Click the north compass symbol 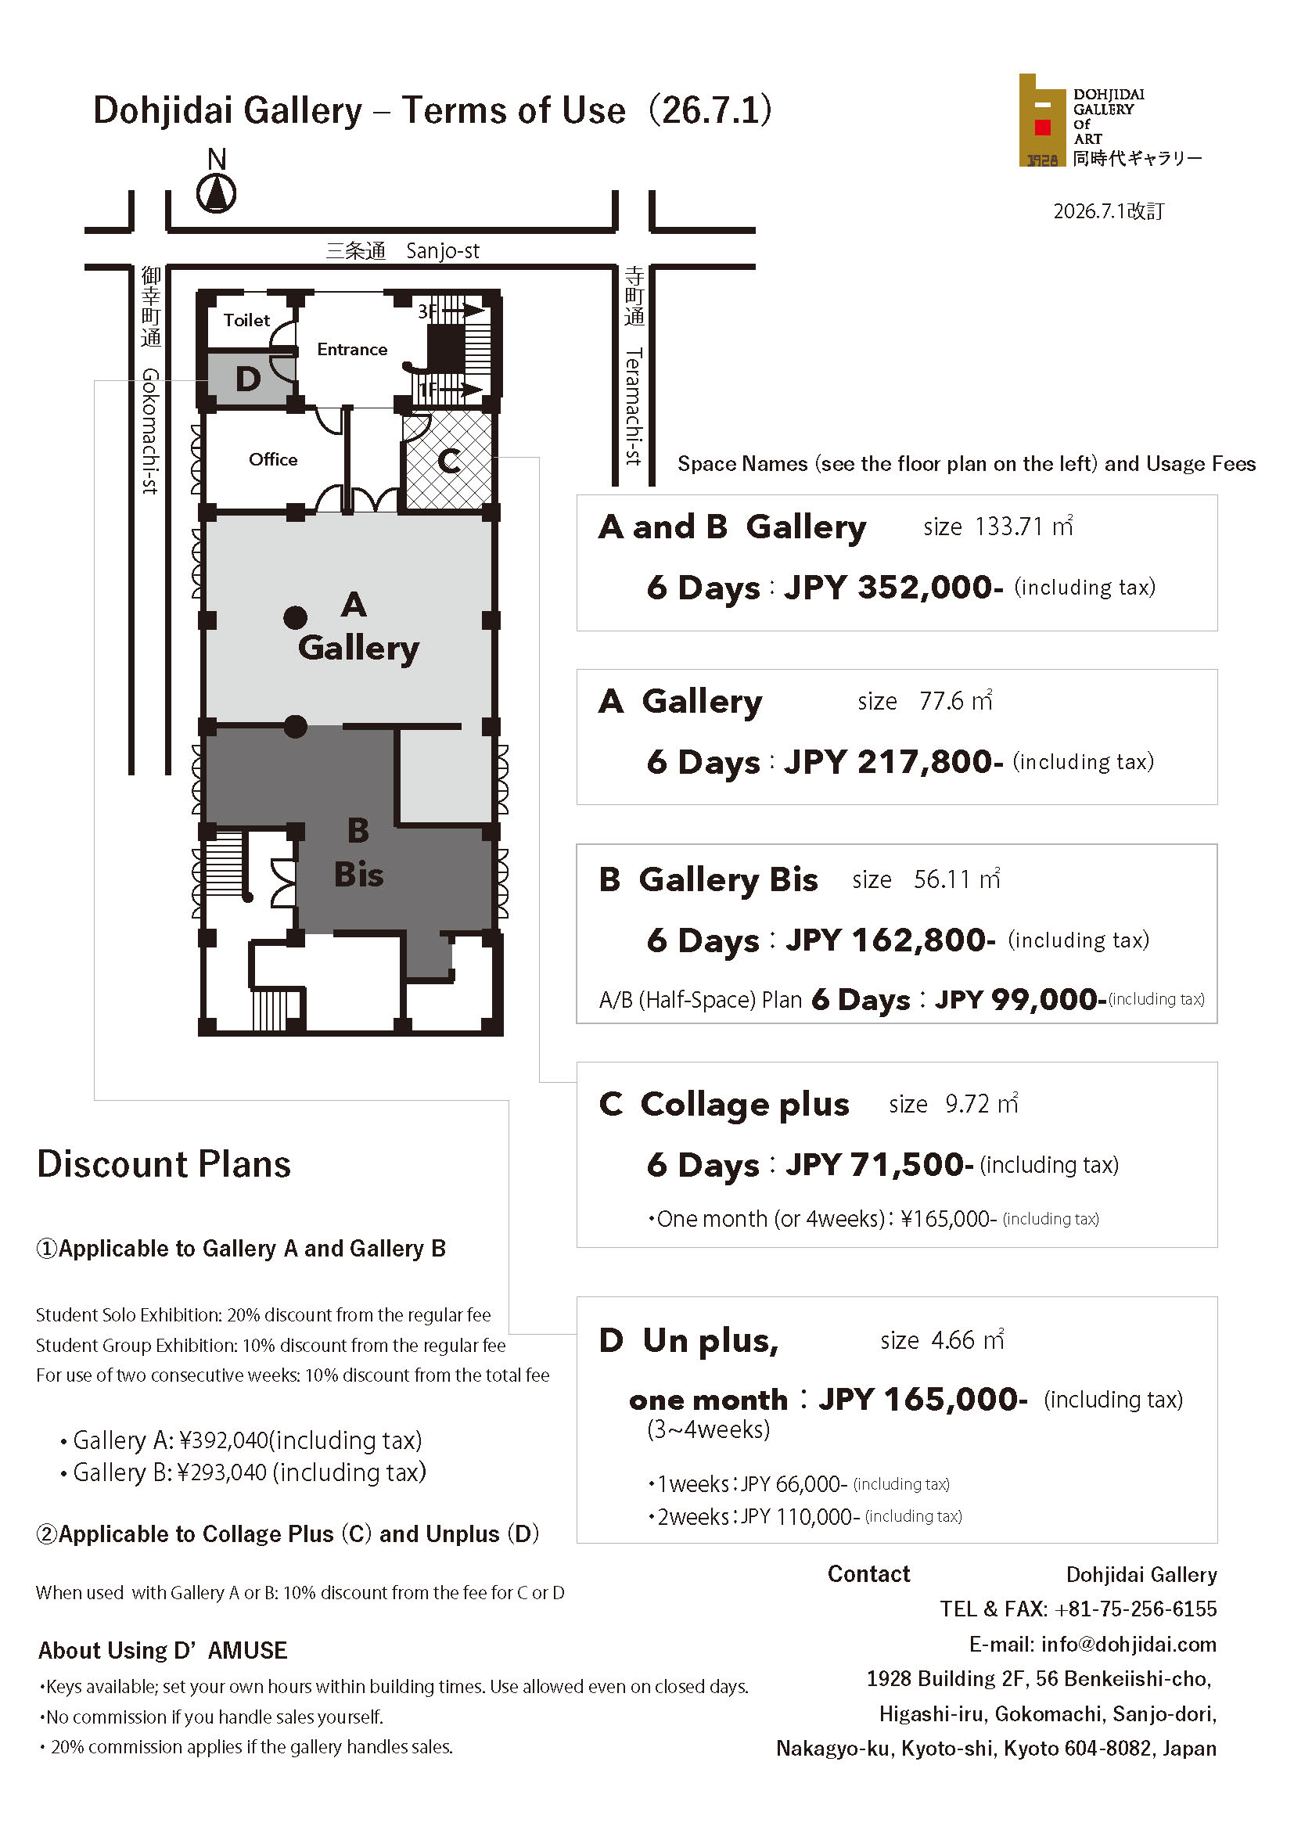tap(216, 193)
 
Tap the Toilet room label tap(246, 320)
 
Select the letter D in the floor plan tap(248, 379)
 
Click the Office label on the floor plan tap(272, 459)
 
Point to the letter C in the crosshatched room tap(448, 461)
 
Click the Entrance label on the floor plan tap(352, 349)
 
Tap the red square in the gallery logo tap(1042, 127)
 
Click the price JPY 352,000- tap(893, 588)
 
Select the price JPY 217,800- tap(893, 762)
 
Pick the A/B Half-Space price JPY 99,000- tap(1020, 999)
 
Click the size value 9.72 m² tap(982, 1104)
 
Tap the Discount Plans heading tap(164, 1164)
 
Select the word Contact tap(868, 1573)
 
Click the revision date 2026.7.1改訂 tap(1109, 210)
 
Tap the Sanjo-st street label tap(442, 250)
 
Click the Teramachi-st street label tap(634, 407)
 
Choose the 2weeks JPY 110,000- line tap(805, 1516)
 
